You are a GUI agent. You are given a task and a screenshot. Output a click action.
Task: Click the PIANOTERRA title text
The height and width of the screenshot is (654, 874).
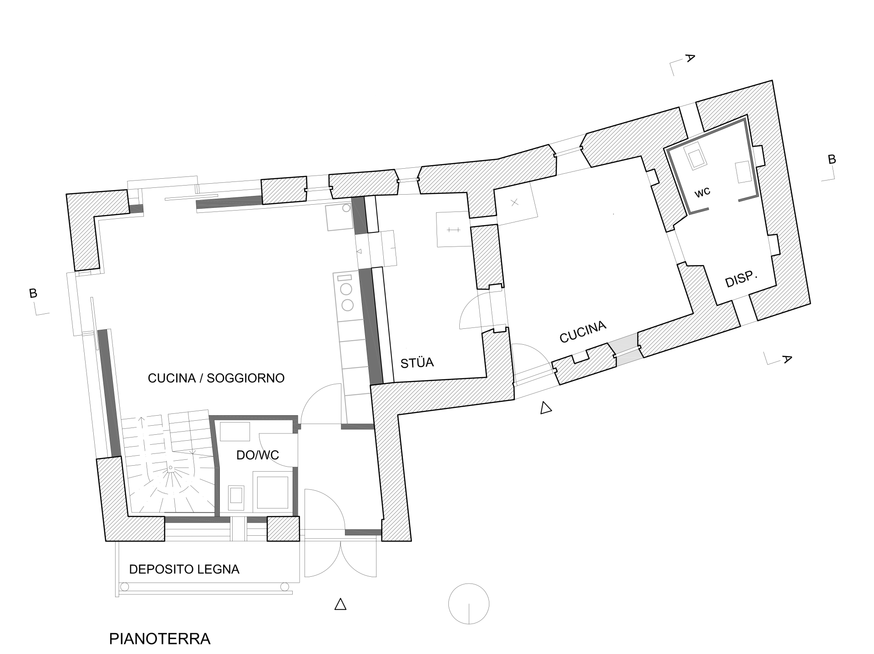[x=160, y=639]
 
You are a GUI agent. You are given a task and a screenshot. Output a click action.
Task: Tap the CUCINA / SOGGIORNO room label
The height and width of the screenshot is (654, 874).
[x=216, y=378]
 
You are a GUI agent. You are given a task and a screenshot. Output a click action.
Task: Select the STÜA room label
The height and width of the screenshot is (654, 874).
[x=417, y=362]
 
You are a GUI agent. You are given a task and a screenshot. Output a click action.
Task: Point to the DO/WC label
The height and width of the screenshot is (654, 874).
[x=258, y=455]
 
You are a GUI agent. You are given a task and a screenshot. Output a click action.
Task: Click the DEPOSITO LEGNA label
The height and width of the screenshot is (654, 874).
[x=184, y=569]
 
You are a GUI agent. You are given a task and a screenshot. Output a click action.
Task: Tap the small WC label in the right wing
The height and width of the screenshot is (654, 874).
[x=702, y=193]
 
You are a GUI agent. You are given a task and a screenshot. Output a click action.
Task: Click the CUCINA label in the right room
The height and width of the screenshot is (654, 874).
[x=583, y=332]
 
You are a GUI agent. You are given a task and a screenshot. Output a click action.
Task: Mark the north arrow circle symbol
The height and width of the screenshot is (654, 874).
[x=469, y=604]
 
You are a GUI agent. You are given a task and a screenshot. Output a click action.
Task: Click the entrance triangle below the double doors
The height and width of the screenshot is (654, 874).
[x=340, y=604]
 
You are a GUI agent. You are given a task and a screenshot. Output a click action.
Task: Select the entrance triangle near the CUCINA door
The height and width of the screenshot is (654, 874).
[x=546, y=408]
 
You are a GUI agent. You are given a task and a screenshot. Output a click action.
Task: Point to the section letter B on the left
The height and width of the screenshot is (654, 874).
[x=33, y=293]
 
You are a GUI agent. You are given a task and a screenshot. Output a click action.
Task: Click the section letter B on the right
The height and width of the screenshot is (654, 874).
[x=832, y=159]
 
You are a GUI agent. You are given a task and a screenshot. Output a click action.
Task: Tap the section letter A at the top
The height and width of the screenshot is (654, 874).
[x=690, y=58]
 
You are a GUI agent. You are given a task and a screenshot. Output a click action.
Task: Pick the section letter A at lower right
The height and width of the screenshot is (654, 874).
[x=787, y=359]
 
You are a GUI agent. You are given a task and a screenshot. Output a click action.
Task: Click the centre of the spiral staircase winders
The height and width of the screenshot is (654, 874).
[x=171, y=468]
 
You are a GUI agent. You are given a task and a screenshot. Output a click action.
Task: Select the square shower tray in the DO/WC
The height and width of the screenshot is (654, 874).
[x=273, y=492]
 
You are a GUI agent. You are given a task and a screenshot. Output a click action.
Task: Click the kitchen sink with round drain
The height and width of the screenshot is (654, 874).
[x=339, y=216]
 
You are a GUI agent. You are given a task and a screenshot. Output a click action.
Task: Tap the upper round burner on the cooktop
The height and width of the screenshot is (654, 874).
[x=347, y=289]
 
